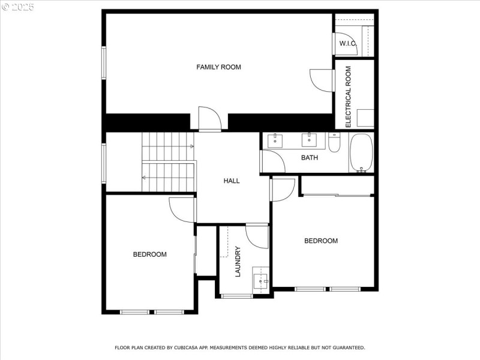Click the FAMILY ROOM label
tap(218, 67)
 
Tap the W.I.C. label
tap(348, 43)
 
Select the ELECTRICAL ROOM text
tap(348, 96)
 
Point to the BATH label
tap(310, 158)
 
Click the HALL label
tap(232, 181)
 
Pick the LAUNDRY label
tap(238, 261)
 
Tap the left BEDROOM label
tap(149, 254)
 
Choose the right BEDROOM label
tap(321, 241)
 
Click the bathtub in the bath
tap(361, 152)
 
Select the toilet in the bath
tap(335, 143)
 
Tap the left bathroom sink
tap(275, 141)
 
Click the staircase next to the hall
tap(169, 162)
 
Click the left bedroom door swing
tap(182, 209)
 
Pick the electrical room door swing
tap(322, 80)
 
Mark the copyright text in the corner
tap(18, 7)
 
